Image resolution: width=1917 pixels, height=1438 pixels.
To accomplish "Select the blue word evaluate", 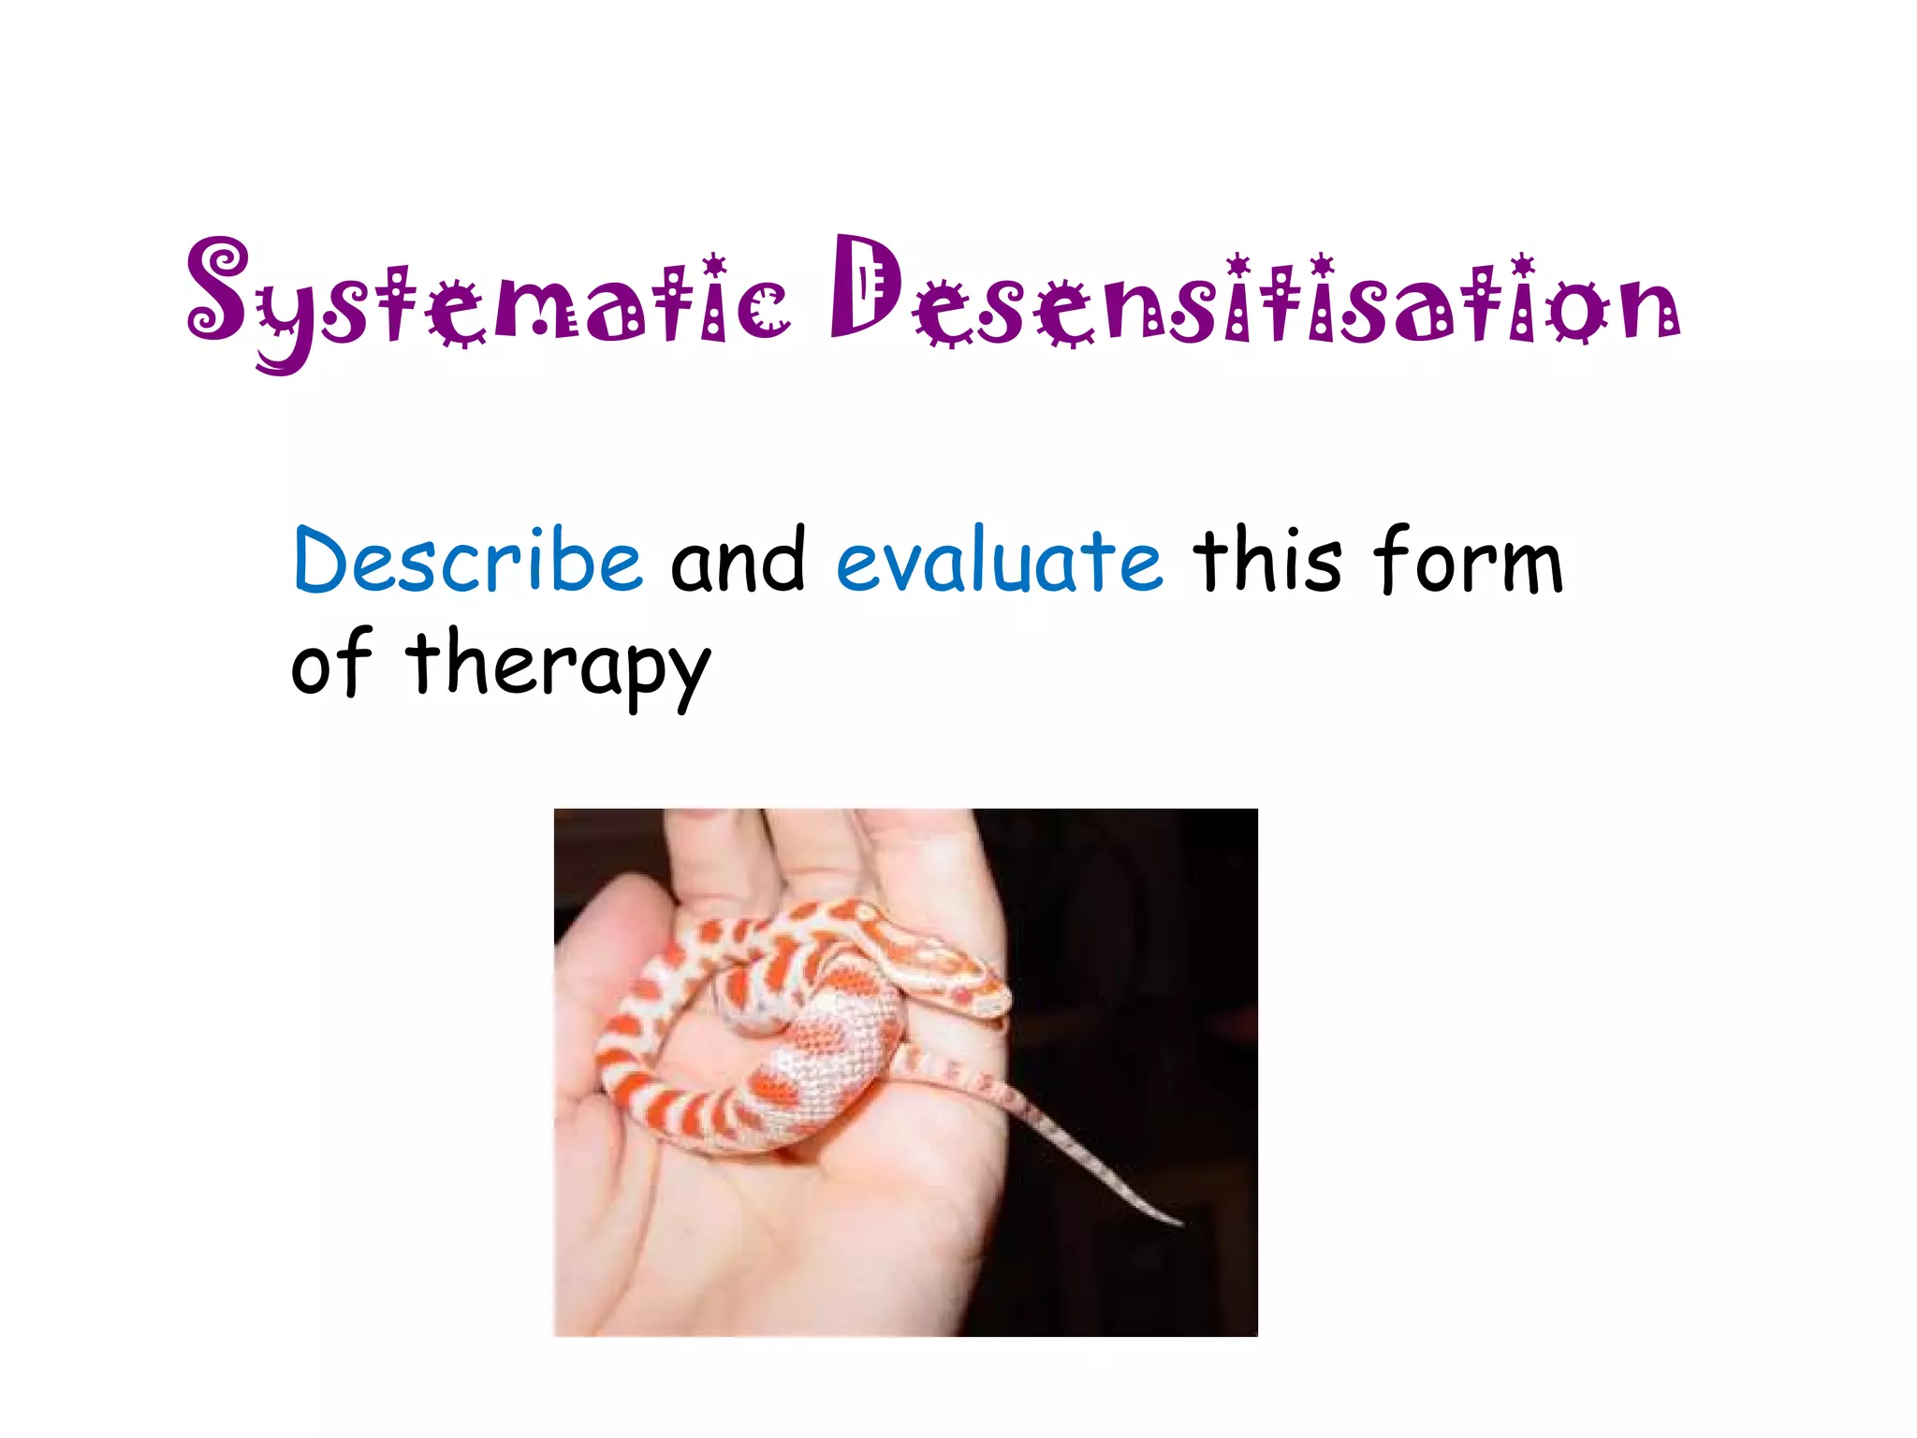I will [x=1000, y=562].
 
